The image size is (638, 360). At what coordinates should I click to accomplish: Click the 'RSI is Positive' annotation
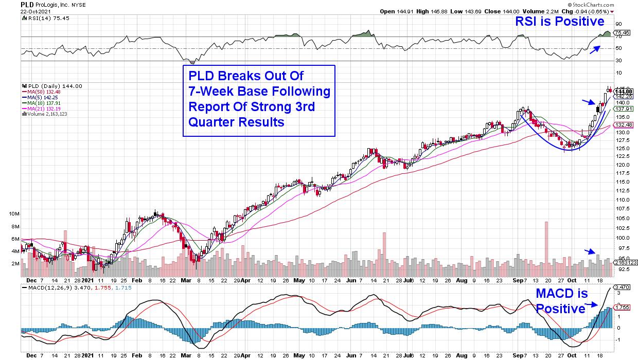coord(560,21)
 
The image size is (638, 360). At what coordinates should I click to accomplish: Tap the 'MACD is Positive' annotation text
coord(560,301)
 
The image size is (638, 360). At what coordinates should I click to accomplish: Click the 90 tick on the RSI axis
coord(619,24)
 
